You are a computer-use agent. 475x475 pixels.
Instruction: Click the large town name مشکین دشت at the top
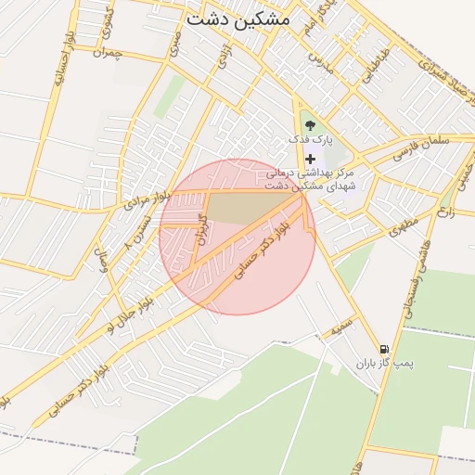click(237, 19)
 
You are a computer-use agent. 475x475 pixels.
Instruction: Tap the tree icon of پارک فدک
click(309, 124)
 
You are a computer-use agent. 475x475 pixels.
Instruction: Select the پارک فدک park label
click(310, 139)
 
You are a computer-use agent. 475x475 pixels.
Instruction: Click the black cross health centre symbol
click(310, 159)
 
